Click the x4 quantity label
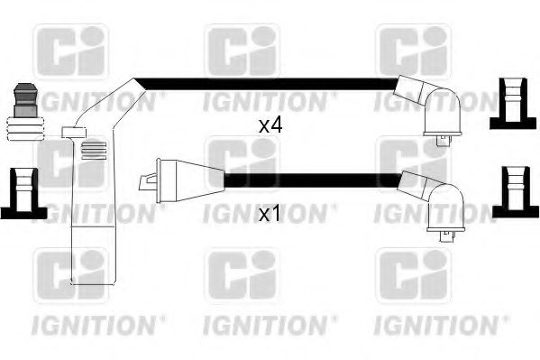click(270, 126)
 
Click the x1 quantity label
click(270, 215)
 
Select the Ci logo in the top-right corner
click(411, 50)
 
